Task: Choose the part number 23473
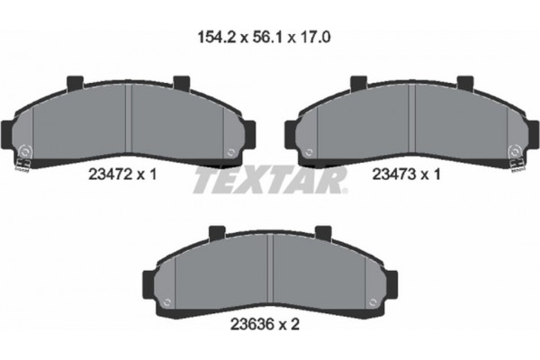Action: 395,177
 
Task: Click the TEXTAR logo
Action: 270,180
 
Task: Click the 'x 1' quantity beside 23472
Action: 149,177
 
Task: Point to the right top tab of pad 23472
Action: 182,83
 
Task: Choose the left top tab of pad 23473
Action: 357,83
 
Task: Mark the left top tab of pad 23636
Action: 216,235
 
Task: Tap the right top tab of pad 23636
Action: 323,235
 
